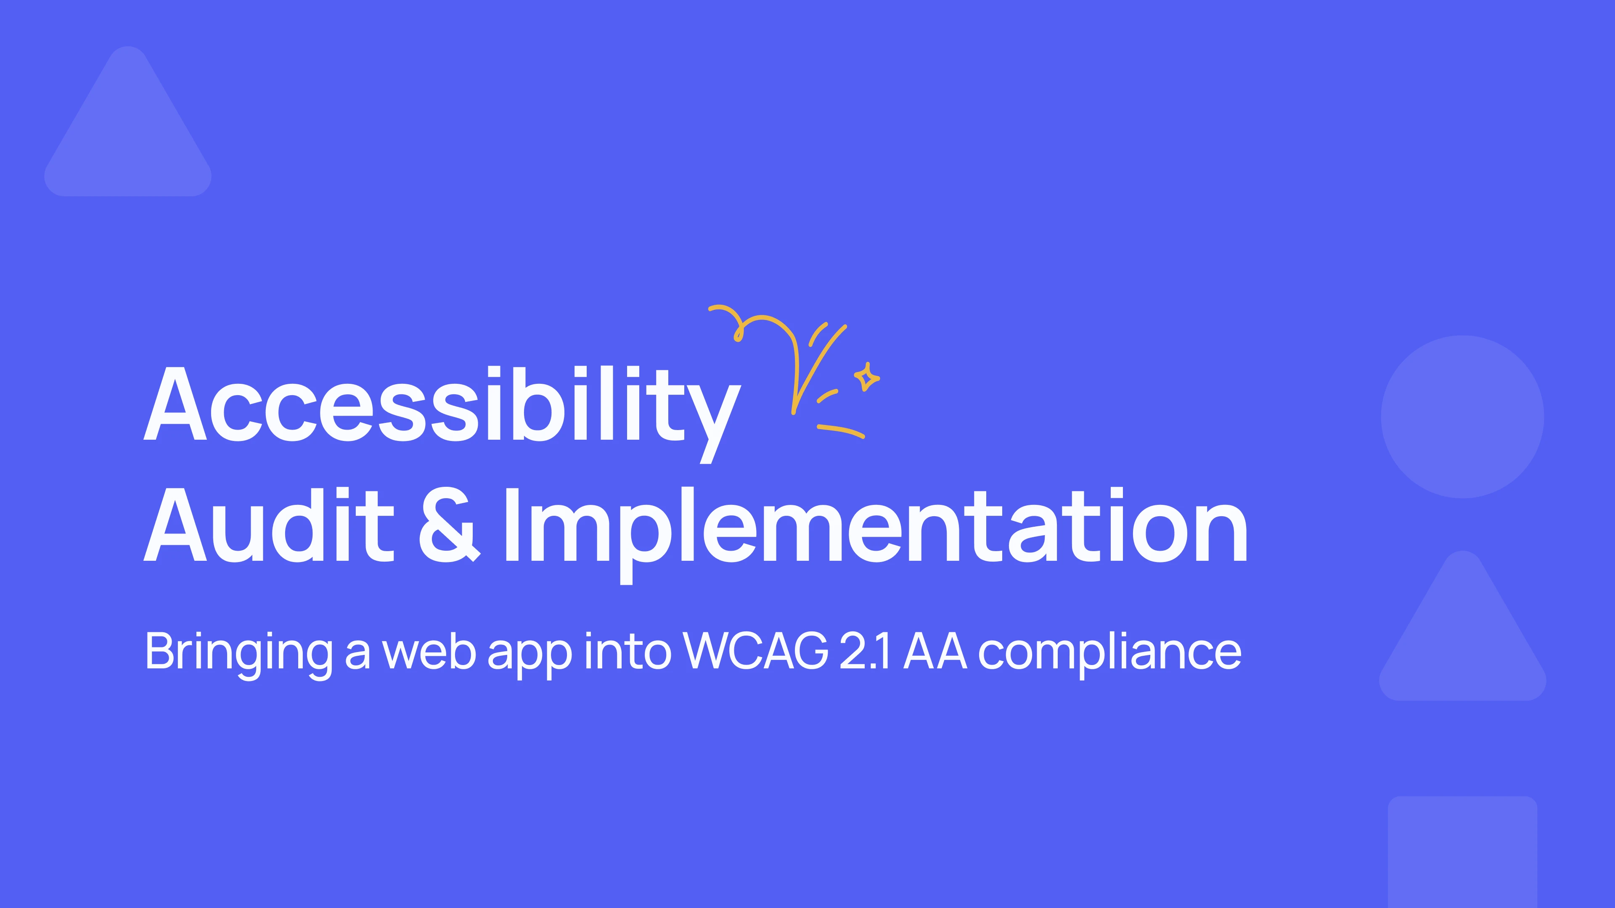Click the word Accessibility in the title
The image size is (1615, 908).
click(x=442, y=414)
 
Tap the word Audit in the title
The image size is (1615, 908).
click(x=269, y=525)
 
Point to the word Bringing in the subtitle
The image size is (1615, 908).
click(x=239, y=655)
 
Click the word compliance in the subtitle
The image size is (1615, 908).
click(x=1110, y=655)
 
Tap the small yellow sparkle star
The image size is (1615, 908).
click(x=867, y=377)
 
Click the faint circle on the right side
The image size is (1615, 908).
click(x=1463, y=417)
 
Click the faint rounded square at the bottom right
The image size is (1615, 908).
click(x=1463, y=852)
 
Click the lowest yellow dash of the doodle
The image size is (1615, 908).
click(x=841, y=431)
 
